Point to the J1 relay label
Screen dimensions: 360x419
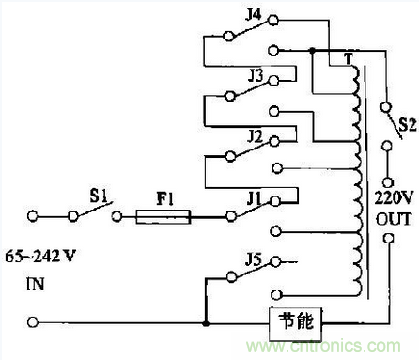(252, 198)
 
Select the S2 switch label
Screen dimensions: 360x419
(405, 123)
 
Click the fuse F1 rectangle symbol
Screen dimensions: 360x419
(164, 217)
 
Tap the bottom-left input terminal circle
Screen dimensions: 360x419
(34, 322)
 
